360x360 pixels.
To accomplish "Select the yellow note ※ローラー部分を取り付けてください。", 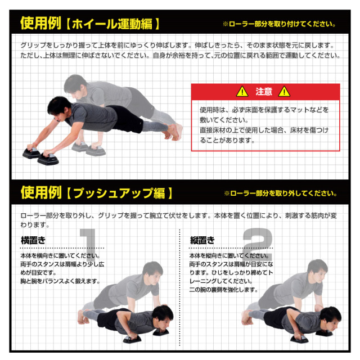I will (279, 24).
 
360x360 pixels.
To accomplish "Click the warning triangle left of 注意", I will (241, 91).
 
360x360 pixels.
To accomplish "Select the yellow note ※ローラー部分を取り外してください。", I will (280, 193).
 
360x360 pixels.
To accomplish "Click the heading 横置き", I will (33, 240).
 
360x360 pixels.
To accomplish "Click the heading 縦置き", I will (202, 240).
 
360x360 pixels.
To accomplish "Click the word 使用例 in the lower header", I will (40, 192).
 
